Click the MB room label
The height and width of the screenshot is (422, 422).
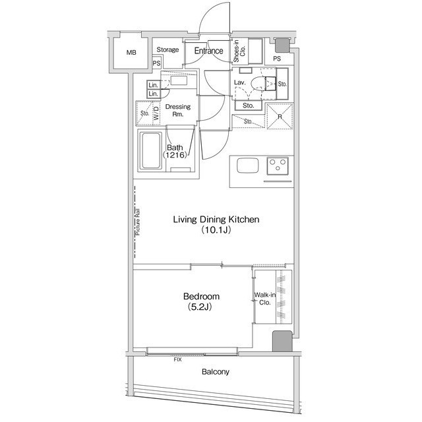tap(131, 53)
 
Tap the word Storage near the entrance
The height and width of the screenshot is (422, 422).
tap(167, 49)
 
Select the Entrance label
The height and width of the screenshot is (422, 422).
tap(208, 51)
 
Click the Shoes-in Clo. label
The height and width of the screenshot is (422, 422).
tap(239, 51)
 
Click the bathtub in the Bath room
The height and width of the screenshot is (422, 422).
tap(152, 150)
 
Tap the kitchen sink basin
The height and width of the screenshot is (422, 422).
tap(248, 166)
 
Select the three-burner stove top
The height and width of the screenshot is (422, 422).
tap(278, 166)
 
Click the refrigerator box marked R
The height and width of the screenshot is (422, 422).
tap(280, 116)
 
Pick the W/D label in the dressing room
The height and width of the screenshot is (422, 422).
tap(156, 113)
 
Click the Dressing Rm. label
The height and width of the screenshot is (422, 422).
tap(177, 110)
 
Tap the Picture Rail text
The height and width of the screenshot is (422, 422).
tap(138, 222)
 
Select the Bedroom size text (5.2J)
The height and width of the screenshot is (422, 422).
tap(199, 307)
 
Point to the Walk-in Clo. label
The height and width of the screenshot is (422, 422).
tap(265, 299)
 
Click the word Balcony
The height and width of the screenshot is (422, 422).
tap(216, 372)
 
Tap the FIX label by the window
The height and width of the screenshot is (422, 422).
tap(177, 359)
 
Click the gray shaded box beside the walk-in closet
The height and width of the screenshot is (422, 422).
tap(282, 341)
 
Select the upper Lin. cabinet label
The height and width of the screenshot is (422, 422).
tap(153, 85)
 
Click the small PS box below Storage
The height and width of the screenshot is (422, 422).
tap(157, 63)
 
